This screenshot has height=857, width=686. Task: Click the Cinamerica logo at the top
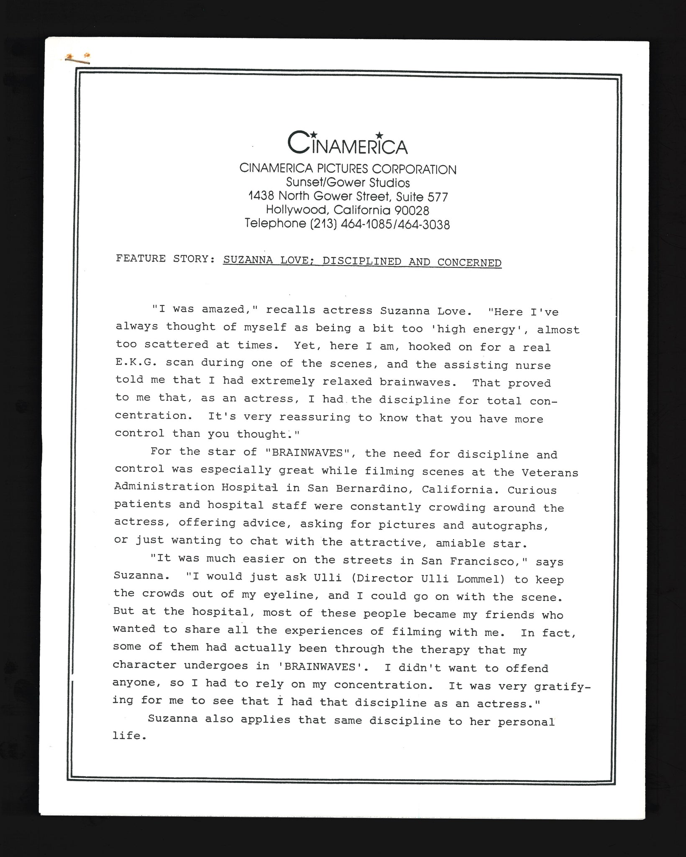(x=348, y=143)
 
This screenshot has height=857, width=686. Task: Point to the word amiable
(x=460, y=543)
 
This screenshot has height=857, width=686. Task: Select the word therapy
(x=445, y=649)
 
